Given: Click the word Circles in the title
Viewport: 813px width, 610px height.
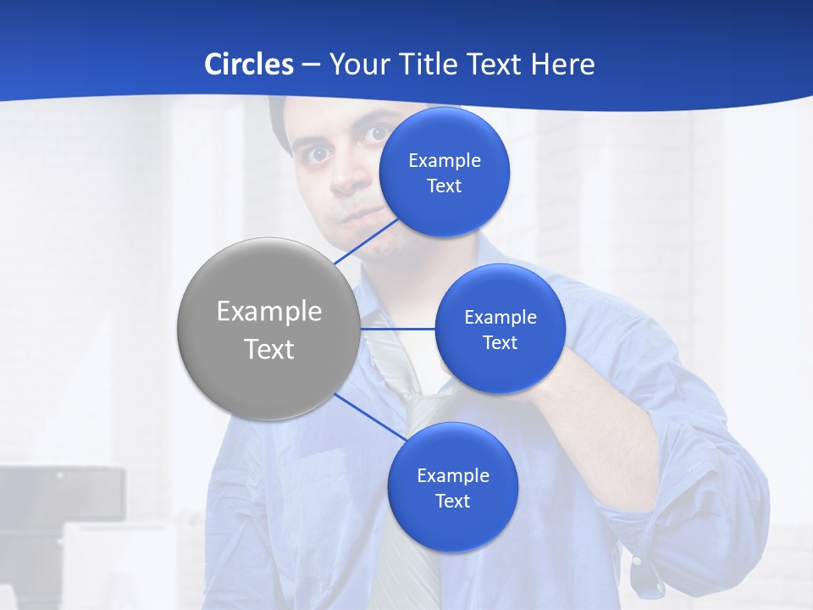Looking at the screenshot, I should [249, 64].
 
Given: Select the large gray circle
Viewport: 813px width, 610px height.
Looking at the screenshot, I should [268, 329].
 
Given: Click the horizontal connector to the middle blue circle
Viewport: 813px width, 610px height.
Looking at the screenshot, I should [397, 329].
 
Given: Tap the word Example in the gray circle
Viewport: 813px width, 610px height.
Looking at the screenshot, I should [268, 312].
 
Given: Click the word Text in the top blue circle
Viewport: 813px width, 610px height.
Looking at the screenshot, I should [444, 186].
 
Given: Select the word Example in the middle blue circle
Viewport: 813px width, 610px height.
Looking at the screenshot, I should [500, 318].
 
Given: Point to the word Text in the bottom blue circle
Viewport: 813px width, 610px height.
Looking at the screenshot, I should [452, 502].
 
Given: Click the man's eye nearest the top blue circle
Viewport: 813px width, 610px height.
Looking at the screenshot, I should [374, 134].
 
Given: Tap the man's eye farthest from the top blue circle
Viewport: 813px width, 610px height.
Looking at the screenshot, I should [318, 154].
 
